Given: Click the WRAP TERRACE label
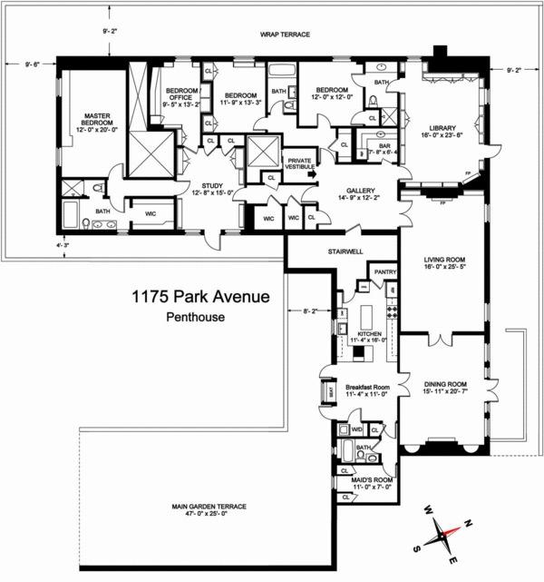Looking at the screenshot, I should tap(285, 35).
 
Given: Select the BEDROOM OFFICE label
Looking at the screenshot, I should tap(181, 95).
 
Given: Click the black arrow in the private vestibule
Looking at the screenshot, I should tap(312, 178).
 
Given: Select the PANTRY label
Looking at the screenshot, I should tap(381, 271).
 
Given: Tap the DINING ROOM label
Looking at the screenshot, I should tap(444, 388).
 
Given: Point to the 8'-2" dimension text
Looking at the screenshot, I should tap(306, 311).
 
